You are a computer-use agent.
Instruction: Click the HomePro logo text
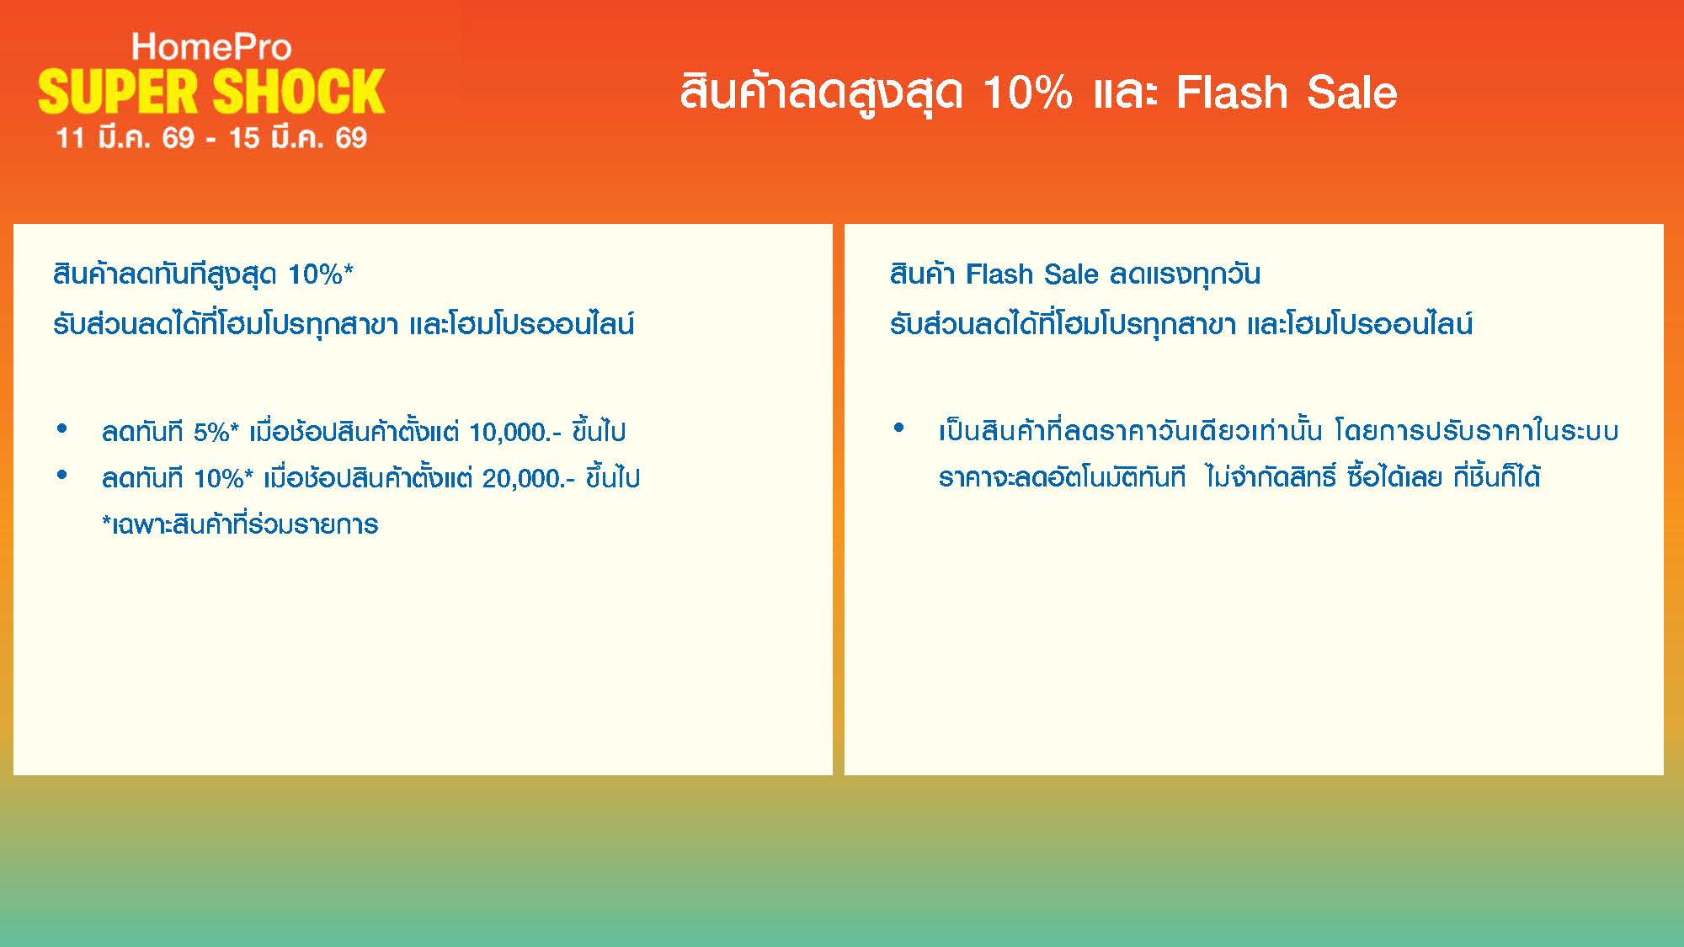(211, 47)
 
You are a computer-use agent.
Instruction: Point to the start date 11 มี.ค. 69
(125, 137)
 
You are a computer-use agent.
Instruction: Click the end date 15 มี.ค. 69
(298, 137)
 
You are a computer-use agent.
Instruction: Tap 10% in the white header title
(1027, 93)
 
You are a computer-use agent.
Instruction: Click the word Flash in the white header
(1231, 93)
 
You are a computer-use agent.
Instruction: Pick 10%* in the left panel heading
(321, 274)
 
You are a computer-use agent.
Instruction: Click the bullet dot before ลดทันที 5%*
(61, 429)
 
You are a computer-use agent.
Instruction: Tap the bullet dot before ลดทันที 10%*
(61, 476)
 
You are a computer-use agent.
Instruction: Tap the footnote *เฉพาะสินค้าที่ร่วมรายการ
(240, 524)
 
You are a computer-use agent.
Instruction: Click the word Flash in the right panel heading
(999, 274)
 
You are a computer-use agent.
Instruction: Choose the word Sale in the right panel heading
(1071, 274)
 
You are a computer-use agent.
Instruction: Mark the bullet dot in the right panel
(898, 428)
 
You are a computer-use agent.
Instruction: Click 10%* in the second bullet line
(223, 479)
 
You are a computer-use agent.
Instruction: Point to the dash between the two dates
(211, 140)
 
